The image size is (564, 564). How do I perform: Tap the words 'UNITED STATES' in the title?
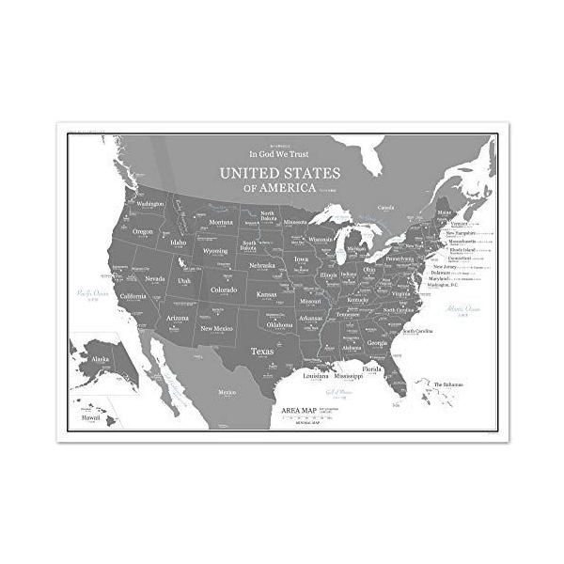(x=279, y=173)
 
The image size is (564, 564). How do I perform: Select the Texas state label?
(x=262, y=352)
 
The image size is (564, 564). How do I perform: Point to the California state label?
(x=133, y=296)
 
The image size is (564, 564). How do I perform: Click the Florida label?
(x=372, y=369)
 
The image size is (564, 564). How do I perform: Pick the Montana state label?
(x=221, y=223)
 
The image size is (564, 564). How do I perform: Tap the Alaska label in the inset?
(x=99, y=359)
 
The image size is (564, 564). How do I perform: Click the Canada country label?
(x=385, y=207)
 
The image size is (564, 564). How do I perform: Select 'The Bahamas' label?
(x=447, y=384)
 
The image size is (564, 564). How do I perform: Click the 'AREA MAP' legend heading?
(x=299, y=410)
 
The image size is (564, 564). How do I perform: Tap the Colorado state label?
(x=224, y=290)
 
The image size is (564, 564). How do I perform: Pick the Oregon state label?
(x=143, y=231)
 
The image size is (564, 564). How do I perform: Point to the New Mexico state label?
(x=216, y=328)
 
